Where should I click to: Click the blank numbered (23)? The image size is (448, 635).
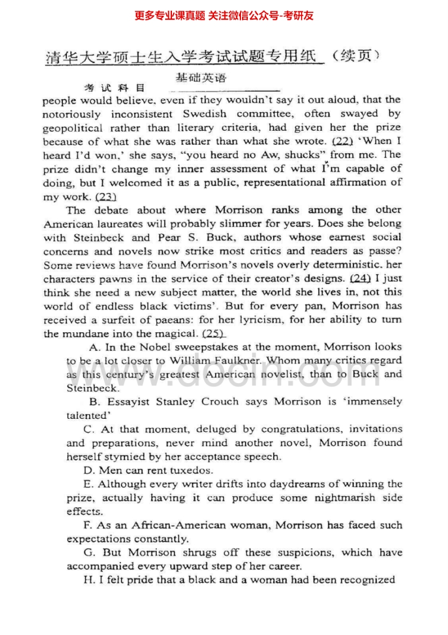pos(106,196)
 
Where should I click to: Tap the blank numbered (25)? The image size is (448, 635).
pos(213,333)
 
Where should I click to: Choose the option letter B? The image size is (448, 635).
pos(93,402)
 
